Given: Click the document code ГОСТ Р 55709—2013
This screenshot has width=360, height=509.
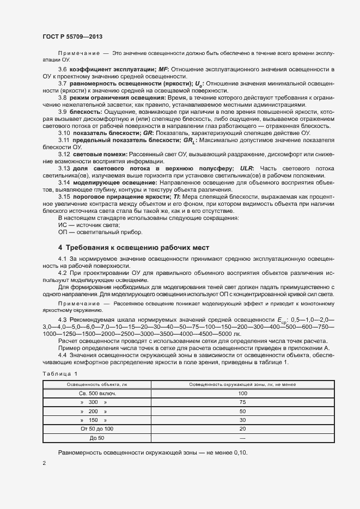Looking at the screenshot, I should tap(72, 36).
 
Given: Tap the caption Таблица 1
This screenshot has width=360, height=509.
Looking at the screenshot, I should tap(60, 373).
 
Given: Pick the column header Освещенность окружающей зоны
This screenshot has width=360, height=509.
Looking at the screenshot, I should tap(242, 384).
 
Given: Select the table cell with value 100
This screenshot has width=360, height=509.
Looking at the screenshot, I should tap(242, 393).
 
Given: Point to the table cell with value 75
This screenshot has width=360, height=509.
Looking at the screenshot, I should tap(242, 402).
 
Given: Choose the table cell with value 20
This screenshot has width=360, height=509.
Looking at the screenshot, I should tap(242, 429).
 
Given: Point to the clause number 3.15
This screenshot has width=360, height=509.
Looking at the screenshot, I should tap(64, 196).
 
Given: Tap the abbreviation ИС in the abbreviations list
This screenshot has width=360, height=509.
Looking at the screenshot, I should tap(62, 224).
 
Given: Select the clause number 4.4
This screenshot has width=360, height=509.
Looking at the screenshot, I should tap(62, 355).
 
